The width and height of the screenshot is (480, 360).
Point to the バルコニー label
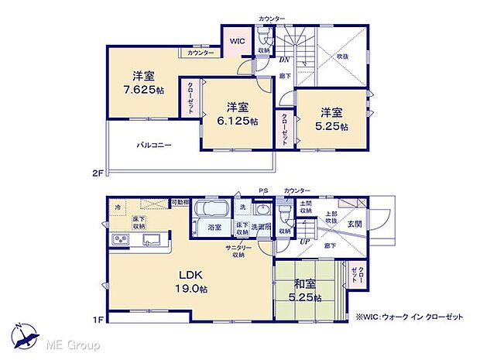point(155,145)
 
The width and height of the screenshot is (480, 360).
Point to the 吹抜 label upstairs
point(342,57)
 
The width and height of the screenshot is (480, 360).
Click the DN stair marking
point(284,60)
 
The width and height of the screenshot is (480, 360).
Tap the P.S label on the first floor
point(263,190)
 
